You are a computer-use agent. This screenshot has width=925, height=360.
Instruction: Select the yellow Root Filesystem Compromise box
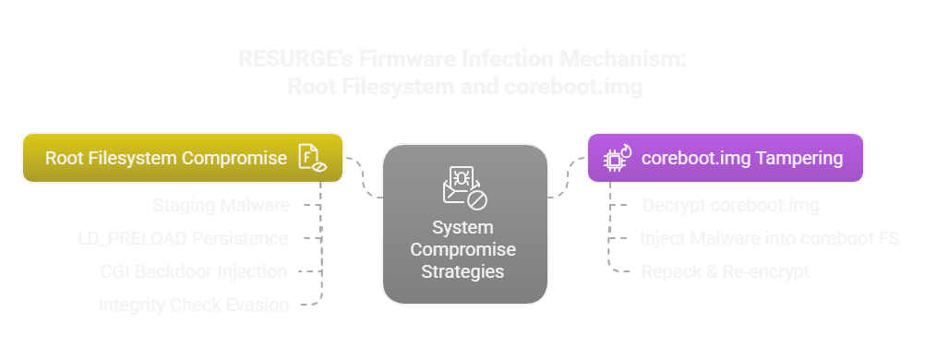tap(182, 158)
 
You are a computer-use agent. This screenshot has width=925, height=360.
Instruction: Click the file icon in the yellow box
tap(311, 158)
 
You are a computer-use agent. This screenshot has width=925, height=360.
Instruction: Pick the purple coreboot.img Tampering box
tap(725, 158)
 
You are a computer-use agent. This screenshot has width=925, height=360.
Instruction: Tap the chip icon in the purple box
tap(616, 158)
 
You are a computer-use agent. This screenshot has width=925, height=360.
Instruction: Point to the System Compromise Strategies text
tap(462, 249)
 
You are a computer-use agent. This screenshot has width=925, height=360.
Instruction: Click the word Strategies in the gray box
tap(462, 271)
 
